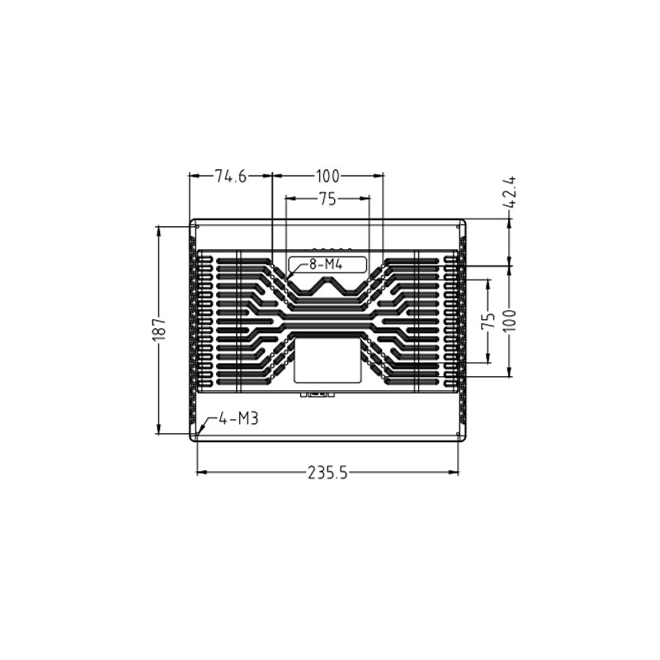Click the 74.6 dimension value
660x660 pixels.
tap(231, 176)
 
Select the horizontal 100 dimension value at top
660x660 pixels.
tap(328, 176)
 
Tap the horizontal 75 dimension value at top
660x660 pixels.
tap(328, 199)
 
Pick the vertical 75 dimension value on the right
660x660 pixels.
tap(489, 321)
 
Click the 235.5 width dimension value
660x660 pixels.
tap(328, 473)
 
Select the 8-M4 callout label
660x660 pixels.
tap(325, 265)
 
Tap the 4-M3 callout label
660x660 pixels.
tap(239, 419)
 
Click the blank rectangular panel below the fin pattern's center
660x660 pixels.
tap(328, 361)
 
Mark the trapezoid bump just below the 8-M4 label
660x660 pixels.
tap(328, 285)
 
